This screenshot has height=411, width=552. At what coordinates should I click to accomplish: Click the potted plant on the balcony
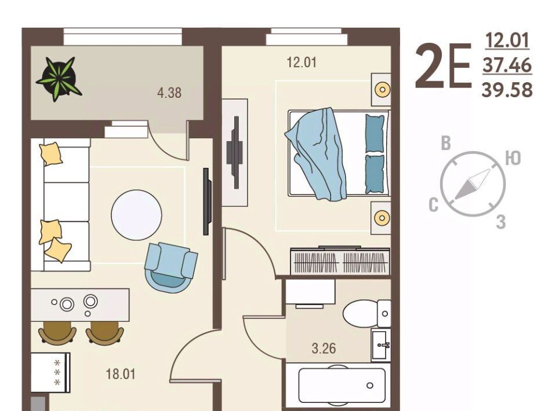click(59, 78)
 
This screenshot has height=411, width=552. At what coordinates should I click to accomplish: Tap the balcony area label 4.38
click(169, 93)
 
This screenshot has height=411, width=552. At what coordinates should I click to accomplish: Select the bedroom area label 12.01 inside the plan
click(302, 63)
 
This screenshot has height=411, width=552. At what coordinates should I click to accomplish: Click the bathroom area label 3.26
click(324, 348)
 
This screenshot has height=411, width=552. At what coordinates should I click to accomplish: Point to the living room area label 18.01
click(121, 374)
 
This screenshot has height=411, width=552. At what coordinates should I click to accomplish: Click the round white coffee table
click(137, 215)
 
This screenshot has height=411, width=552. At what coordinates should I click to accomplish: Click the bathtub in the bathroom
click(342, 386)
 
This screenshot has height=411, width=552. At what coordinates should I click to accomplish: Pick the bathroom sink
click(382, 345)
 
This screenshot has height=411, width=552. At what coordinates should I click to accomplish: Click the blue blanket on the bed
click(316, 155)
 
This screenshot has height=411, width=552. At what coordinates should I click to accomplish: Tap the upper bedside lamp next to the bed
click(382, 89)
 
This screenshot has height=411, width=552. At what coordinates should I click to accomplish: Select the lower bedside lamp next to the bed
click(382, 218)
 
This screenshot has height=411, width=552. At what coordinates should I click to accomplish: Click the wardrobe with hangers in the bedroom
click(340, 261)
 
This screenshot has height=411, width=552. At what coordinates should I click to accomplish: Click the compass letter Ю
click(513, 158)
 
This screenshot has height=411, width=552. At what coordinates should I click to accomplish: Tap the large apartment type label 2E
click(443, 66)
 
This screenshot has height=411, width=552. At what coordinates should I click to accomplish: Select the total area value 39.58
click(507, 90)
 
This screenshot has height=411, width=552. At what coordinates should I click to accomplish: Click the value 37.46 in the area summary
click(507, 65)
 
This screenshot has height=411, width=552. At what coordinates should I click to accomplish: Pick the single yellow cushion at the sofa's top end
click(51, 153)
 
